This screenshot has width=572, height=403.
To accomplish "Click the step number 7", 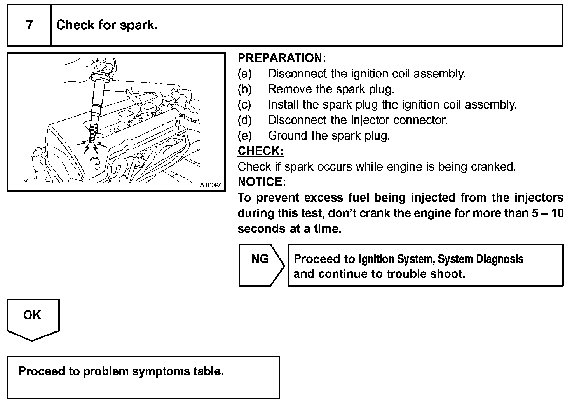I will click(x=30, y=25).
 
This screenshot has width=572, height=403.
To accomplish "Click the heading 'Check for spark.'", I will click(x=107, y=25).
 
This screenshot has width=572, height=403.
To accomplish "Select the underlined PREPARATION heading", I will click(x=282, y=58).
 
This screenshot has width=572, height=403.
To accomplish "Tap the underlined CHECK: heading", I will click(x=260, y=151).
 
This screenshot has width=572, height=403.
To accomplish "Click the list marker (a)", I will click(x=245, y=74).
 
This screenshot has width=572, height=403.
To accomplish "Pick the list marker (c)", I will click(x=244, y=105).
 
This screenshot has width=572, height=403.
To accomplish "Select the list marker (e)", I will click(x=245, y=136).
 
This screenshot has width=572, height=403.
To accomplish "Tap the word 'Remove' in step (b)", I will click(x=290, y=89).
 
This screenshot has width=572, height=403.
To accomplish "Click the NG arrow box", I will click(x=261, y=265).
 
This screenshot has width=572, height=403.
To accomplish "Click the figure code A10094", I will click(x=211, y=185).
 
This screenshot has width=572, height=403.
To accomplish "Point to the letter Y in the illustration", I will click(x=25, y=182).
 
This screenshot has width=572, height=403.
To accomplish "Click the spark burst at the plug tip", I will click(x=91, y=146).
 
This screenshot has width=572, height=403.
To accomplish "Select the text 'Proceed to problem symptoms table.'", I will click(x=121, y=371).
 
